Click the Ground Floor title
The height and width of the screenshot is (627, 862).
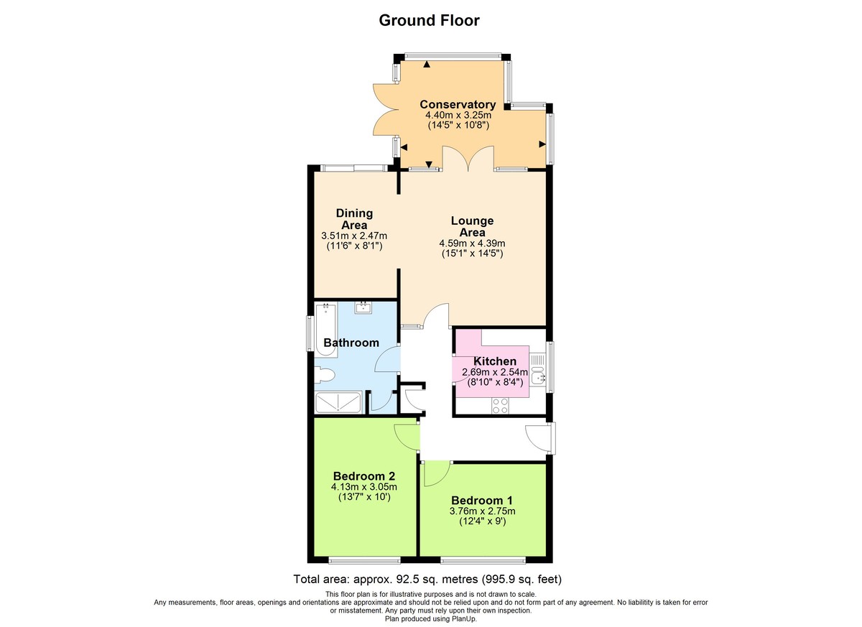pyautogui.click(x=429, y=20)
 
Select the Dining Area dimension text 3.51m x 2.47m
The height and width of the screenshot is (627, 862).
pyautogui.click(x=355, y=236)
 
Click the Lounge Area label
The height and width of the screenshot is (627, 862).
pyautogui.click(x=472, y=226)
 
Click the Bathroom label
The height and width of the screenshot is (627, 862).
pyautogui.click(x=351, y=343)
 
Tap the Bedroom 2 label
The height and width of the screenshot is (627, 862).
pyautogui.click(x=363, y=475)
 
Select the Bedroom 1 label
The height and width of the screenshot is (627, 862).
pyautogui.click(x=481, y=500)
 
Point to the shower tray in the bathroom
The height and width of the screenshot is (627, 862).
pyautogui.click(x=339, y=403)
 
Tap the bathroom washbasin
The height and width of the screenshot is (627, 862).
pyautogui.click(x=363, y=308)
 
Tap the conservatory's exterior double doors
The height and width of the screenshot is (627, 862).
pyautogui.click(x=386, y=109)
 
